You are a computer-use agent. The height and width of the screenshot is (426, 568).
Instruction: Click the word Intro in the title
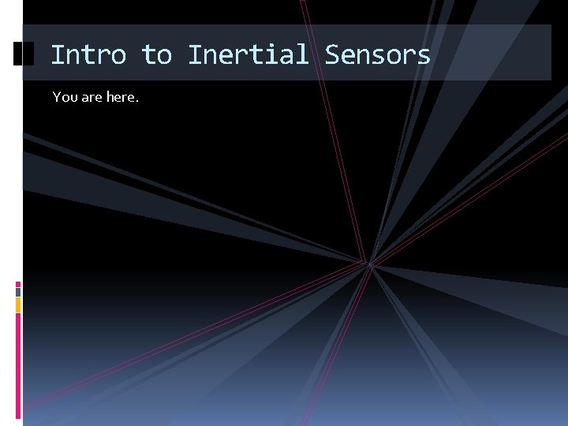pos(88,54)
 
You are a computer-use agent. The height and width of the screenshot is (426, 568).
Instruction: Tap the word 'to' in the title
pos(156,54)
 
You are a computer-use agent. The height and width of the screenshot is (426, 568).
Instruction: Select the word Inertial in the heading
pos(248,54)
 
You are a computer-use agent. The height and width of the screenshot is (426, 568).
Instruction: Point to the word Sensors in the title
pos(377,54)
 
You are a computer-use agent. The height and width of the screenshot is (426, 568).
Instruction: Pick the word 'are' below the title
pos(92,97)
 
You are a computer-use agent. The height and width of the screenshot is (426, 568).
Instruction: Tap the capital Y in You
pos(57,97)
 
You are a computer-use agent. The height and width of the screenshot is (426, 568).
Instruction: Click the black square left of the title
pos(24,54)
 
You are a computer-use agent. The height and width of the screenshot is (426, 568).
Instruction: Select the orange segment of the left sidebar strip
pos(18,305)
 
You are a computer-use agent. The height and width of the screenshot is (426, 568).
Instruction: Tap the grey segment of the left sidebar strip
pos(18,292)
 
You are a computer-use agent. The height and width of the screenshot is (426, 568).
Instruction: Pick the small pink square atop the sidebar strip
pos(18,284)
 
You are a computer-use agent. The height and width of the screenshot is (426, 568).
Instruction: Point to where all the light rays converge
pos(368,263)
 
